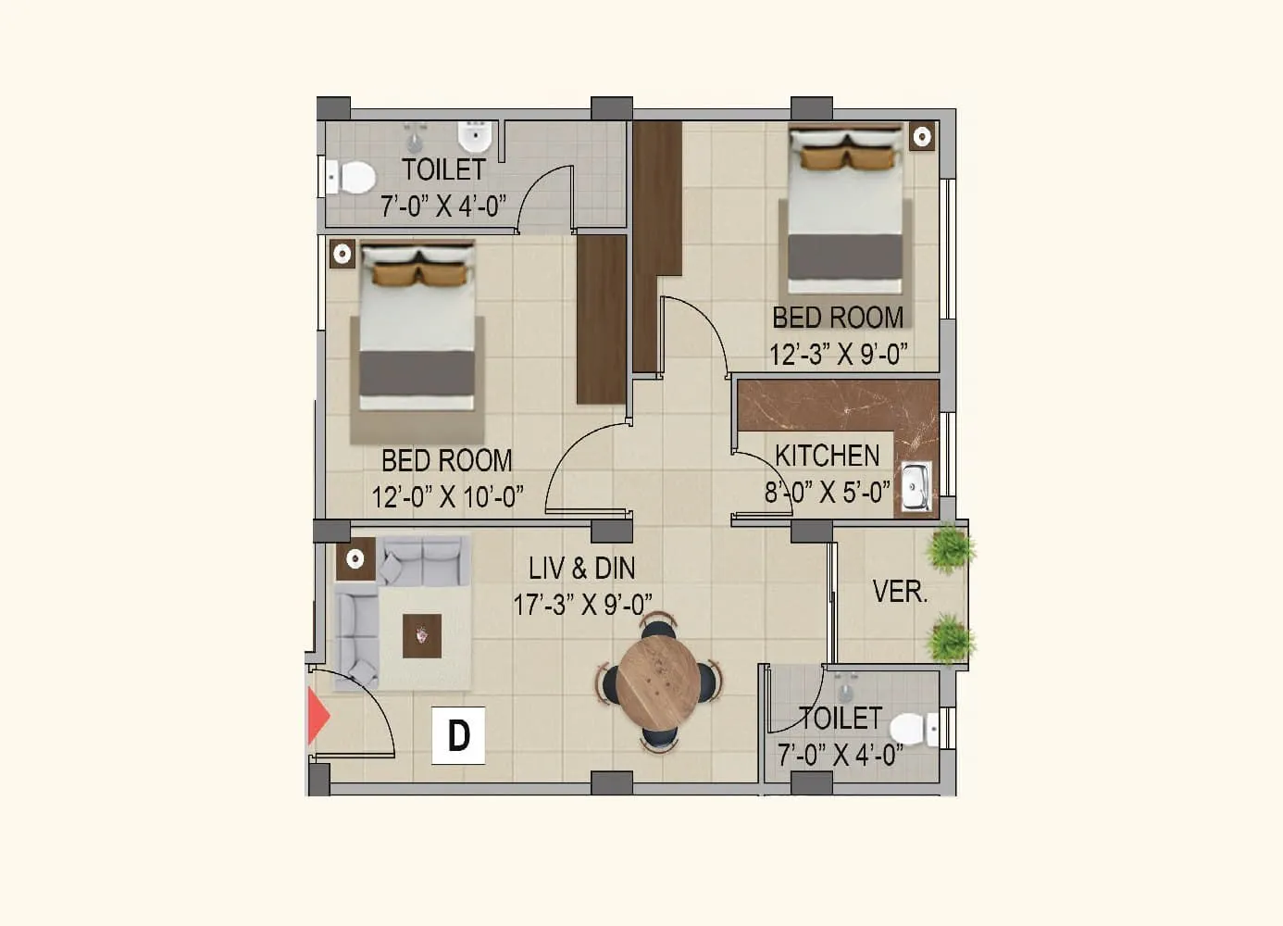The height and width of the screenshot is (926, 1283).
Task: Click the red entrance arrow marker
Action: pos(318,717)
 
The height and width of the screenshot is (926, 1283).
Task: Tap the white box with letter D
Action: pos(458,736)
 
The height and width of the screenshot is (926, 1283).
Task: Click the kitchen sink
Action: pos(916,487)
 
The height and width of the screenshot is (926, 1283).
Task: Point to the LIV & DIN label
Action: pos(581,568)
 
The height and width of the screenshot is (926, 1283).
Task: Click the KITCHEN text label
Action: pos(827,456)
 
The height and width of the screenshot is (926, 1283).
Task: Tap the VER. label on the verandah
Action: pos(899,592)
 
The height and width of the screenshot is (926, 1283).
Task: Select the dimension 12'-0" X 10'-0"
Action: pos(447,497)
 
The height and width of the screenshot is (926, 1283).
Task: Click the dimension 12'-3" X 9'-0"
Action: pos(838,354)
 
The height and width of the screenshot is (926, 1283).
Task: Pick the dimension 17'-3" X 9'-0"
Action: pos(582,605)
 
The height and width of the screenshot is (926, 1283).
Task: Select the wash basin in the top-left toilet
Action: pos(474,138)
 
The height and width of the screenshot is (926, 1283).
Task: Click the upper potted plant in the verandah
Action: pos(950,548)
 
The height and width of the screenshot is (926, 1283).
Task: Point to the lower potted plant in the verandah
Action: pos(949,640)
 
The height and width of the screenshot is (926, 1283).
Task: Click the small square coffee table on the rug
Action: pos(421,636)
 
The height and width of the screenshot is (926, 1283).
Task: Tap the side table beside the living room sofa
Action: pos(355,558)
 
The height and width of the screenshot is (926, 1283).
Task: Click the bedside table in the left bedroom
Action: pos(343,253)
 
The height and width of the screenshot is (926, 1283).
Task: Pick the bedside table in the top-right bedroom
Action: pos(921,137)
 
